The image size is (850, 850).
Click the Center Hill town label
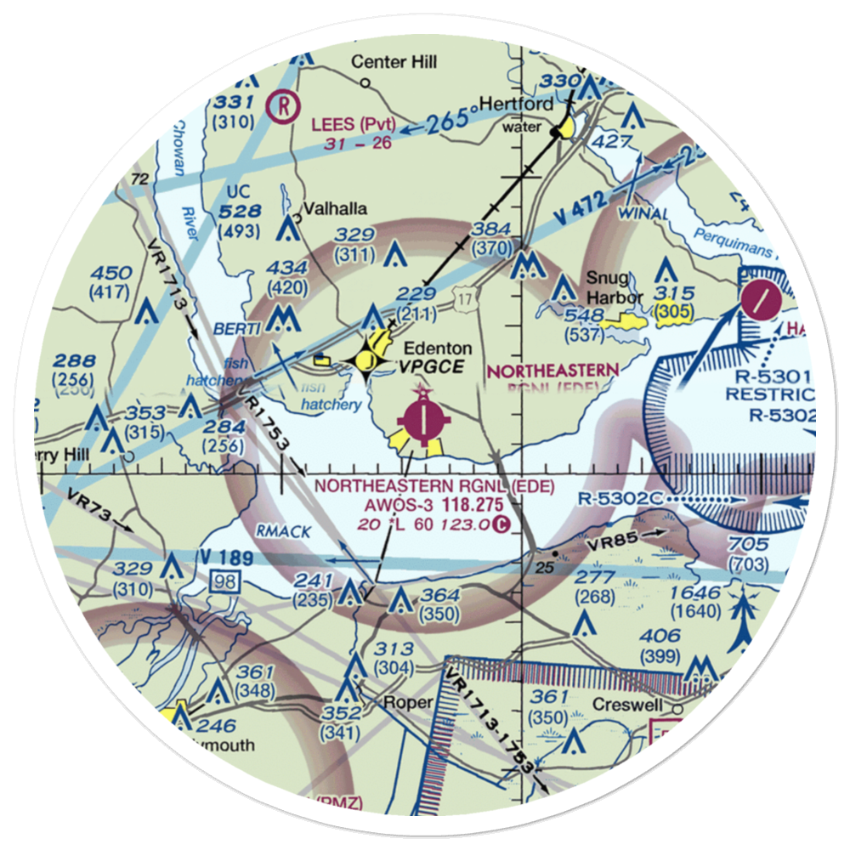394,62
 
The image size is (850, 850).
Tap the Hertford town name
517,104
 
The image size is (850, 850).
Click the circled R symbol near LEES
281,105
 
